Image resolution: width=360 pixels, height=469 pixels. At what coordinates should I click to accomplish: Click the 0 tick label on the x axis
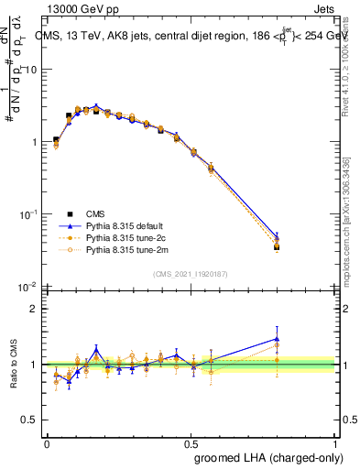pos(46,442)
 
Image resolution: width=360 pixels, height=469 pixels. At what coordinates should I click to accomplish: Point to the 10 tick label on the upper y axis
pos(32,71)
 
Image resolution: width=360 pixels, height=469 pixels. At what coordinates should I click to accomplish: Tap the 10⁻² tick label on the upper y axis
pos(29,288)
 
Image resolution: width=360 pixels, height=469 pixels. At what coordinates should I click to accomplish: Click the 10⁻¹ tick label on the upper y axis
pos(29,215)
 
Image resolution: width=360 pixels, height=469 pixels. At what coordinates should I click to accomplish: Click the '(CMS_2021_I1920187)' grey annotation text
pos(190,274)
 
